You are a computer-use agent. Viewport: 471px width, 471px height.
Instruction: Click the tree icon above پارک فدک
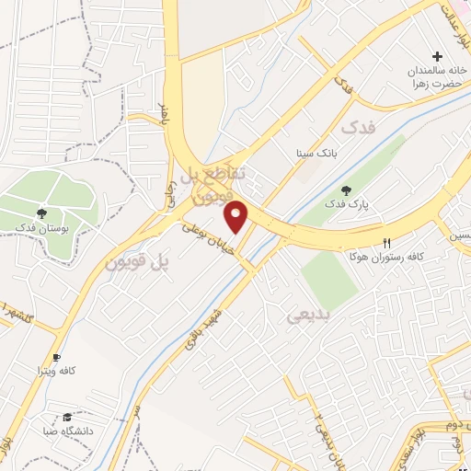coord(344,190)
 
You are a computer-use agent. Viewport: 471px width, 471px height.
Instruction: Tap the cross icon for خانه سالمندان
coord(438,57)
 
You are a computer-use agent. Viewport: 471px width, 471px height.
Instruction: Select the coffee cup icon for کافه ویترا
coord(57,357)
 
